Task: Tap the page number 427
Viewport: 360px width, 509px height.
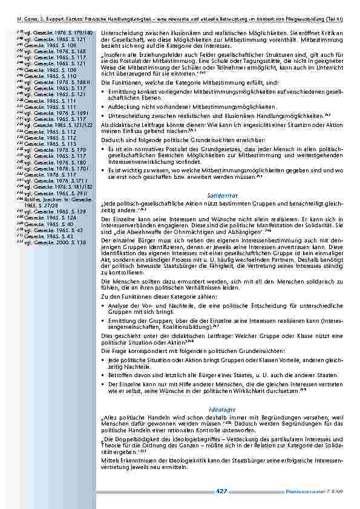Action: pos(221,491)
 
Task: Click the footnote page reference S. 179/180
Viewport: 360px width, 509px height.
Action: pos(80,31)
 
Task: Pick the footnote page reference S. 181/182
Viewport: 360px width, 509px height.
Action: pos(81,187)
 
